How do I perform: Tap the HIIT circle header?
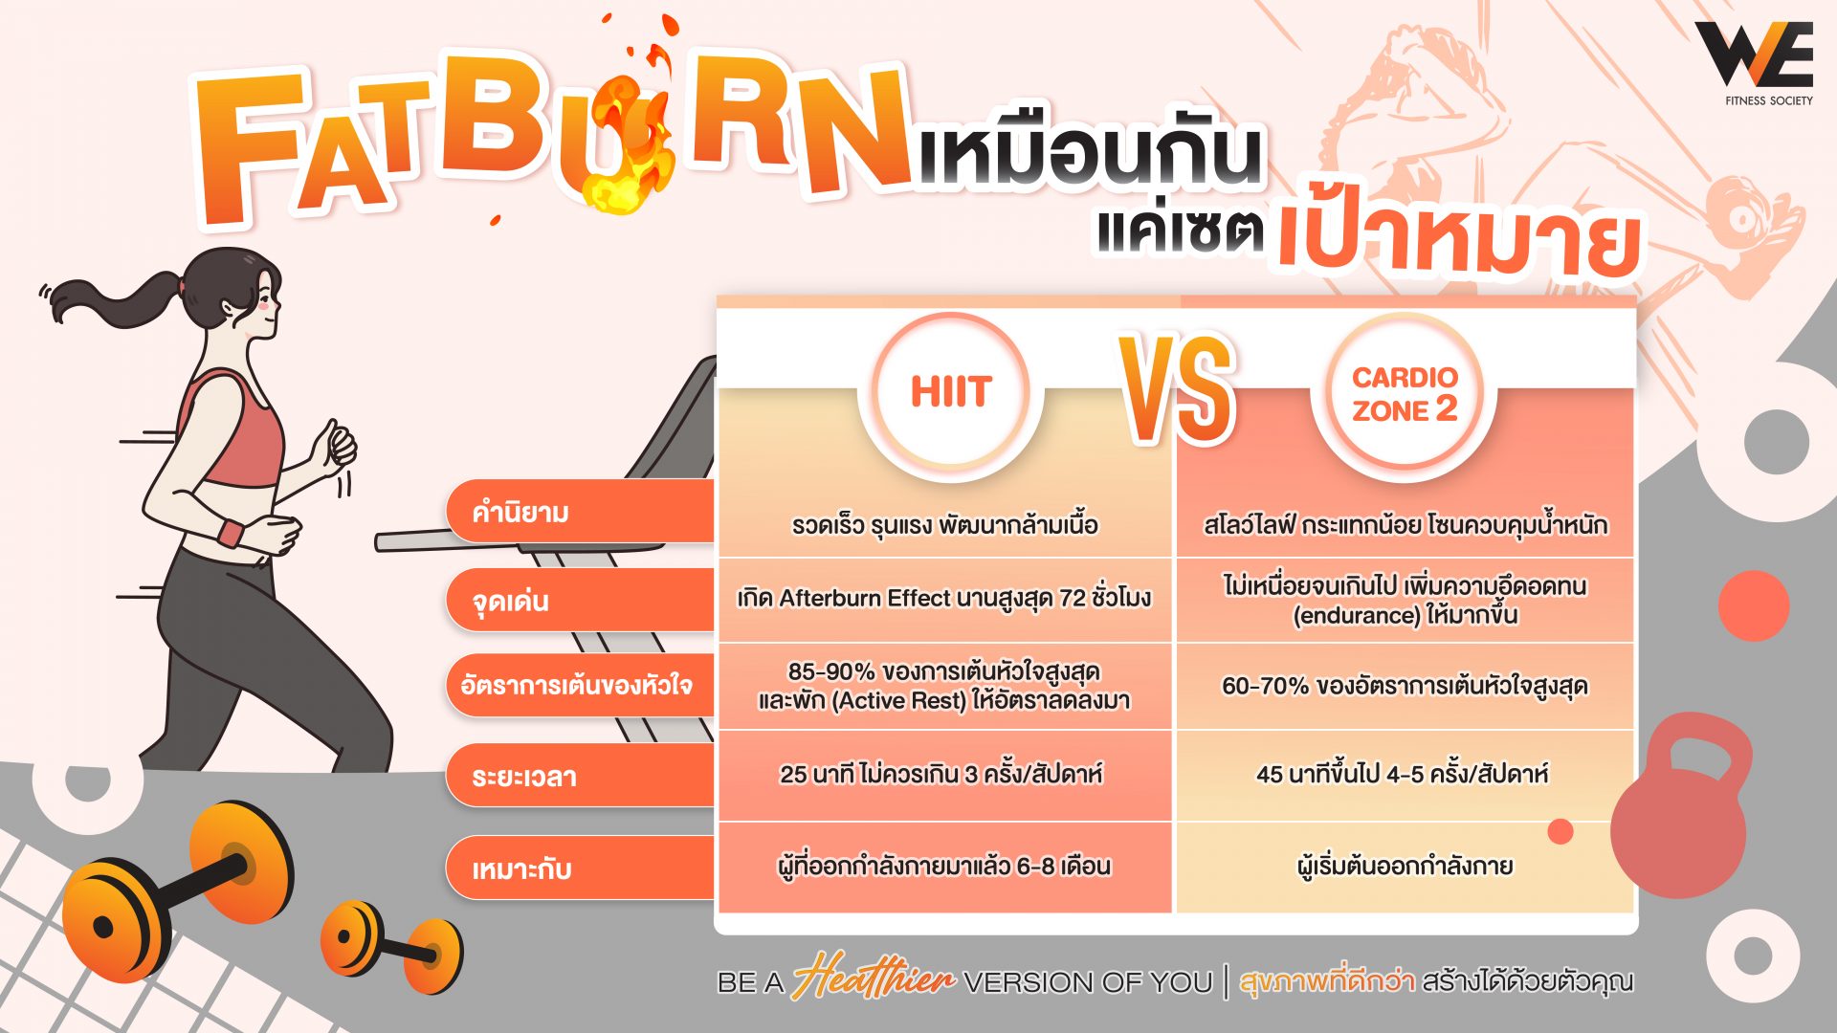pos(950,392)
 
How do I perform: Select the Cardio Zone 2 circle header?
pos(1404,393)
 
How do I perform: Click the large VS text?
pos(1179,388)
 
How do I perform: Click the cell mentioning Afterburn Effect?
pos(943,599)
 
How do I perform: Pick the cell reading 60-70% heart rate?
pos(1405,686)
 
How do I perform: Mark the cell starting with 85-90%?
pos(943,686)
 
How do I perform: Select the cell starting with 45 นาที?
pos(1403,774)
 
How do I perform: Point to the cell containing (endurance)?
pos(1405,600)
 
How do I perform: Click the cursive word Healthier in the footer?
pos(873,978)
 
